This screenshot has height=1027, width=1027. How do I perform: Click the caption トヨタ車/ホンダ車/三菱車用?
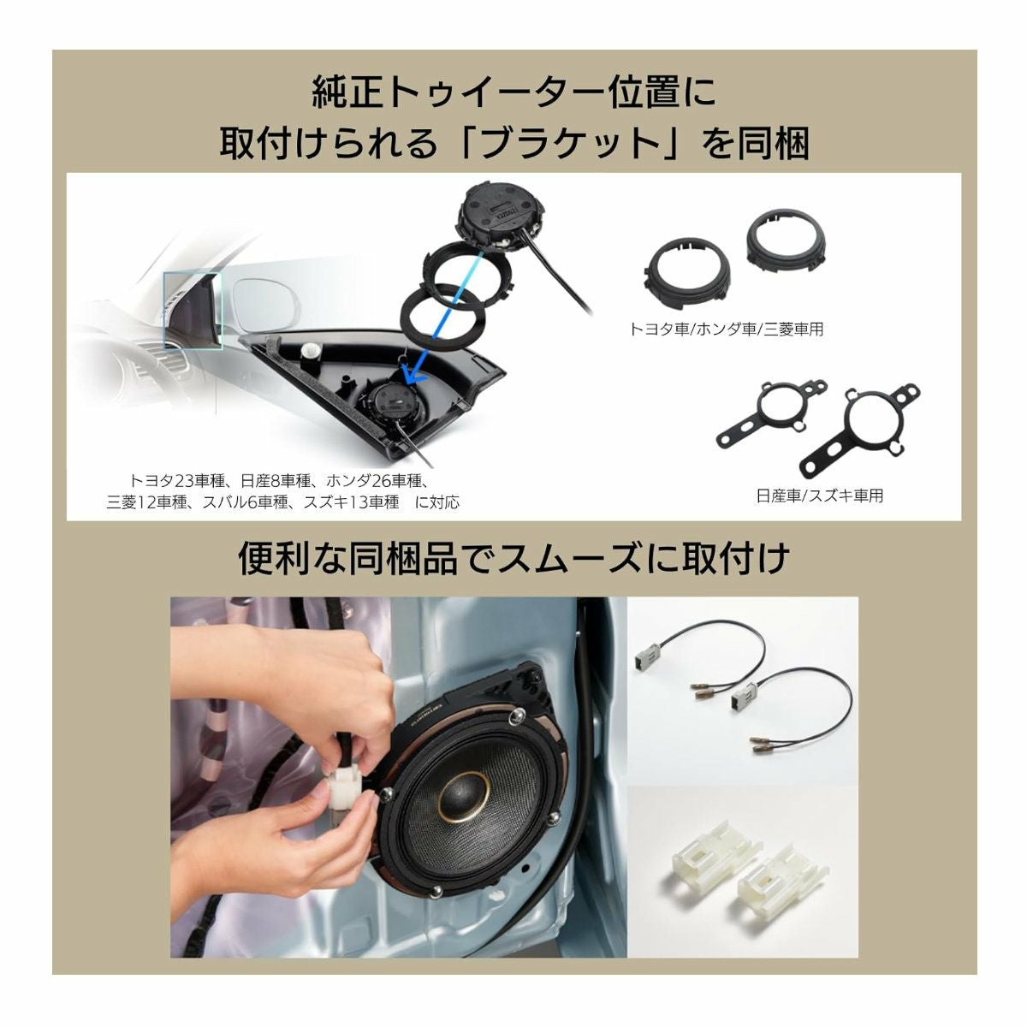coord(726,329)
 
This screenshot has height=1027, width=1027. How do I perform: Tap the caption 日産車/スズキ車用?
coord(819,496)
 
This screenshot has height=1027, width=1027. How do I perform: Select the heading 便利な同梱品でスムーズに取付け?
coord(513,559)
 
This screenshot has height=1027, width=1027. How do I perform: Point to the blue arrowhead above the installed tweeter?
coord(415,377)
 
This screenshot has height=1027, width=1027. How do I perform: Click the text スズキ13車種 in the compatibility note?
coord(351,502)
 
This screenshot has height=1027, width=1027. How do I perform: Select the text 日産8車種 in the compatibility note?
coord(276,481)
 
